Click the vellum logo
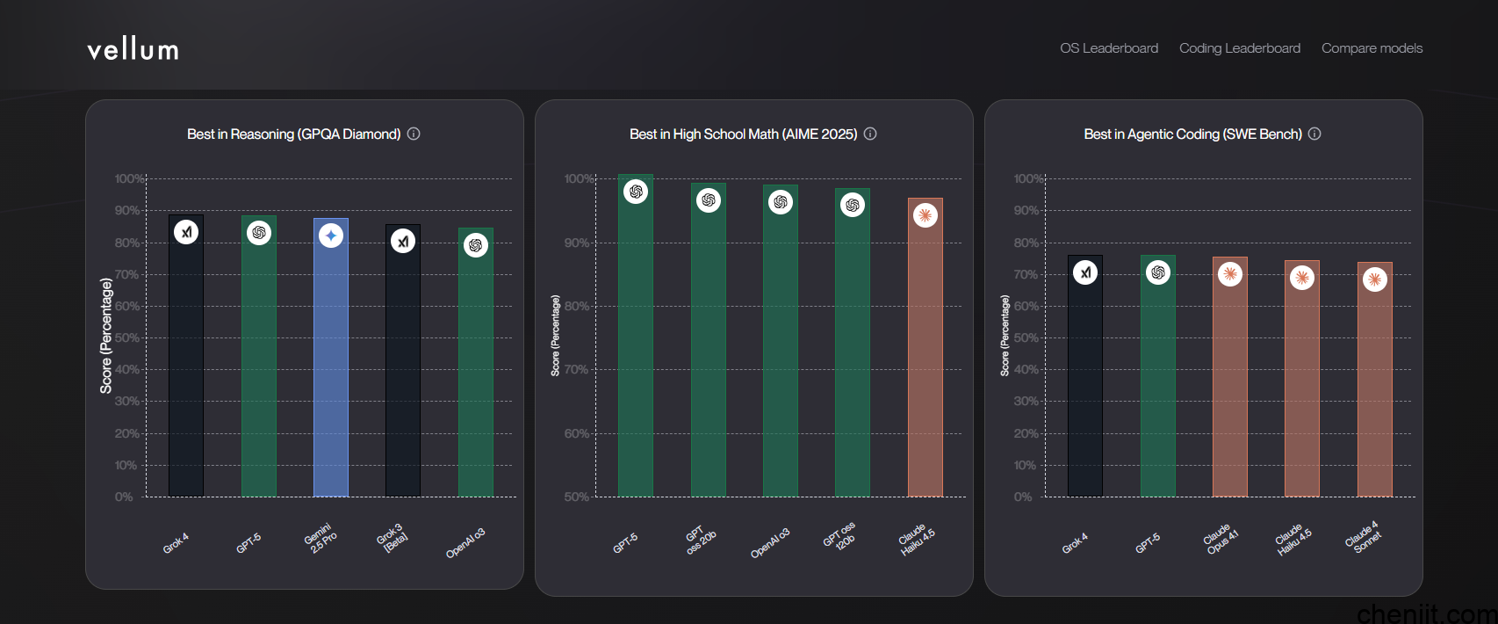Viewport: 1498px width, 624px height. [133, 50]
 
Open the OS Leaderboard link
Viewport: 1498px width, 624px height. [1108, 48]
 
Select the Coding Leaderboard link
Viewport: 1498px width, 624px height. [1239, 48]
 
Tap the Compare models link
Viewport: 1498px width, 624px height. [1372, 48]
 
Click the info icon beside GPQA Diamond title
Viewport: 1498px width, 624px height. [414, 134]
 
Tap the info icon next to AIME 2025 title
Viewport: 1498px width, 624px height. [870, 134]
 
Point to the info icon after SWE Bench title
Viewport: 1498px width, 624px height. [1314, 134]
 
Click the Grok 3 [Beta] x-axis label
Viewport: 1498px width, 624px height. [392, 537]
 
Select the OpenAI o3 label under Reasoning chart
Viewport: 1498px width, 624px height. [465, 543]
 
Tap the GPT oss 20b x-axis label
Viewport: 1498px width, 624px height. [701, 540]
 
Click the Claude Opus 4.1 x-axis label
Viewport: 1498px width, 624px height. [1221, 540]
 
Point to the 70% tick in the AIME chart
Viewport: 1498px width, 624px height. [576, 370]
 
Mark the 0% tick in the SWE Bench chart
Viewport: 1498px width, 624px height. [1023, 497]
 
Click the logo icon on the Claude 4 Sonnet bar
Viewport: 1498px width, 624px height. [1374, 280]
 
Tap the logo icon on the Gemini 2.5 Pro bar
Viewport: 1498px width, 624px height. [331, 236]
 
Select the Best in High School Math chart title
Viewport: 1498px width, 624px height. [743, 134]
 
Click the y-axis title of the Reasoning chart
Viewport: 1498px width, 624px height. [106, 336]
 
